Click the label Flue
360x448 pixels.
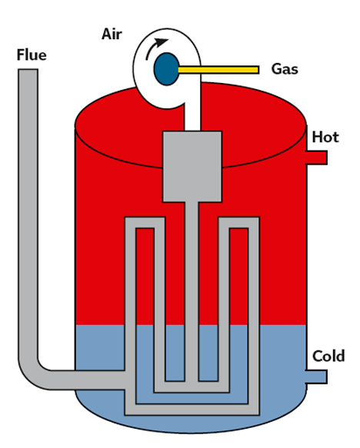pos(32,55)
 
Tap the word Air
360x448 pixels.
pos(112,35)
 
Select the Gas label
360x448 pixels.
pos(285,69)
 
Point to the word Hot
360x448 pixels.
pos(325,137)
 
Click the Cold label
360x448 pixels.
pos(328,357)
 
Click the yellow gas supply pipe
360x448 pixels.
pos(218,70)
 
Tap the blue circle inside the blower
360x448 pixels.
pos(167,69)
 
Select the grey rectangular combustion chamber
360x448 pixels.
pos(192,167)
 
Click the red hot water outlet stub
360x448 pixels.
pos(317,158)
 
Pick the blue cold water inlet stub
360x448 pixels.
pos(317,377)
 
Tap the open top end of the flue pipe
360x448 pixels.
pos(28,69)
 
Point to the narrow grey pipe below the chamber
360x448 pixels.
pos(192,291)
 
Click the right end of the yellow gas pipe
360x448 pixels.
pos(258,70)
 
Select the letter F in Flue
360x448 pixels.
pos(20,55)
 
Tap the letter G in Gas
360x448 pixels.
pos(276,69)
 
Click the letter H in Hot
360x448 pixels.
pos(317,137)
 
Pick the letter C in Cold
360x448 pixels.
pos(317,357)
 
